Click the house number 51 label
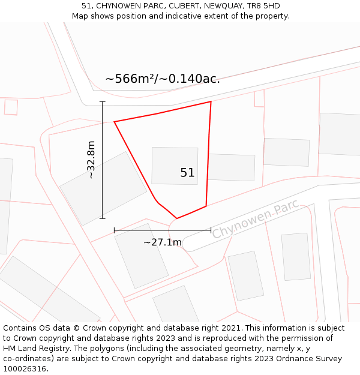[x=187, y=173]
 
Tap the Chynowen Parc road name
[x=255, y=221]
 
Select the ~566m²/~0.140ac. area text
[x=163, y=79]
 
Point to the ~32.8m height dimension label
[x=91, y=160]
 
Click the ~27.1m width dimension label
[x=162, y=242]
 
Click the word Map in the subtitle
[x=81, y=16]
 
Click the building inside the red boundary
[x=175, y=166]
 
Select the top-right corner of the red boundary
[x=211, y=102]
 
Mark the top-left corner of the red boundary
[x=114, y=122]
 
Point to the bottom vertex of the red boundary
[x=176, y=218]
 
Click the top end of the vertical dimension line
[x=103, y=101]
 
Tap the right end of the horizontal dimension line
[x=211, y=229]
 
